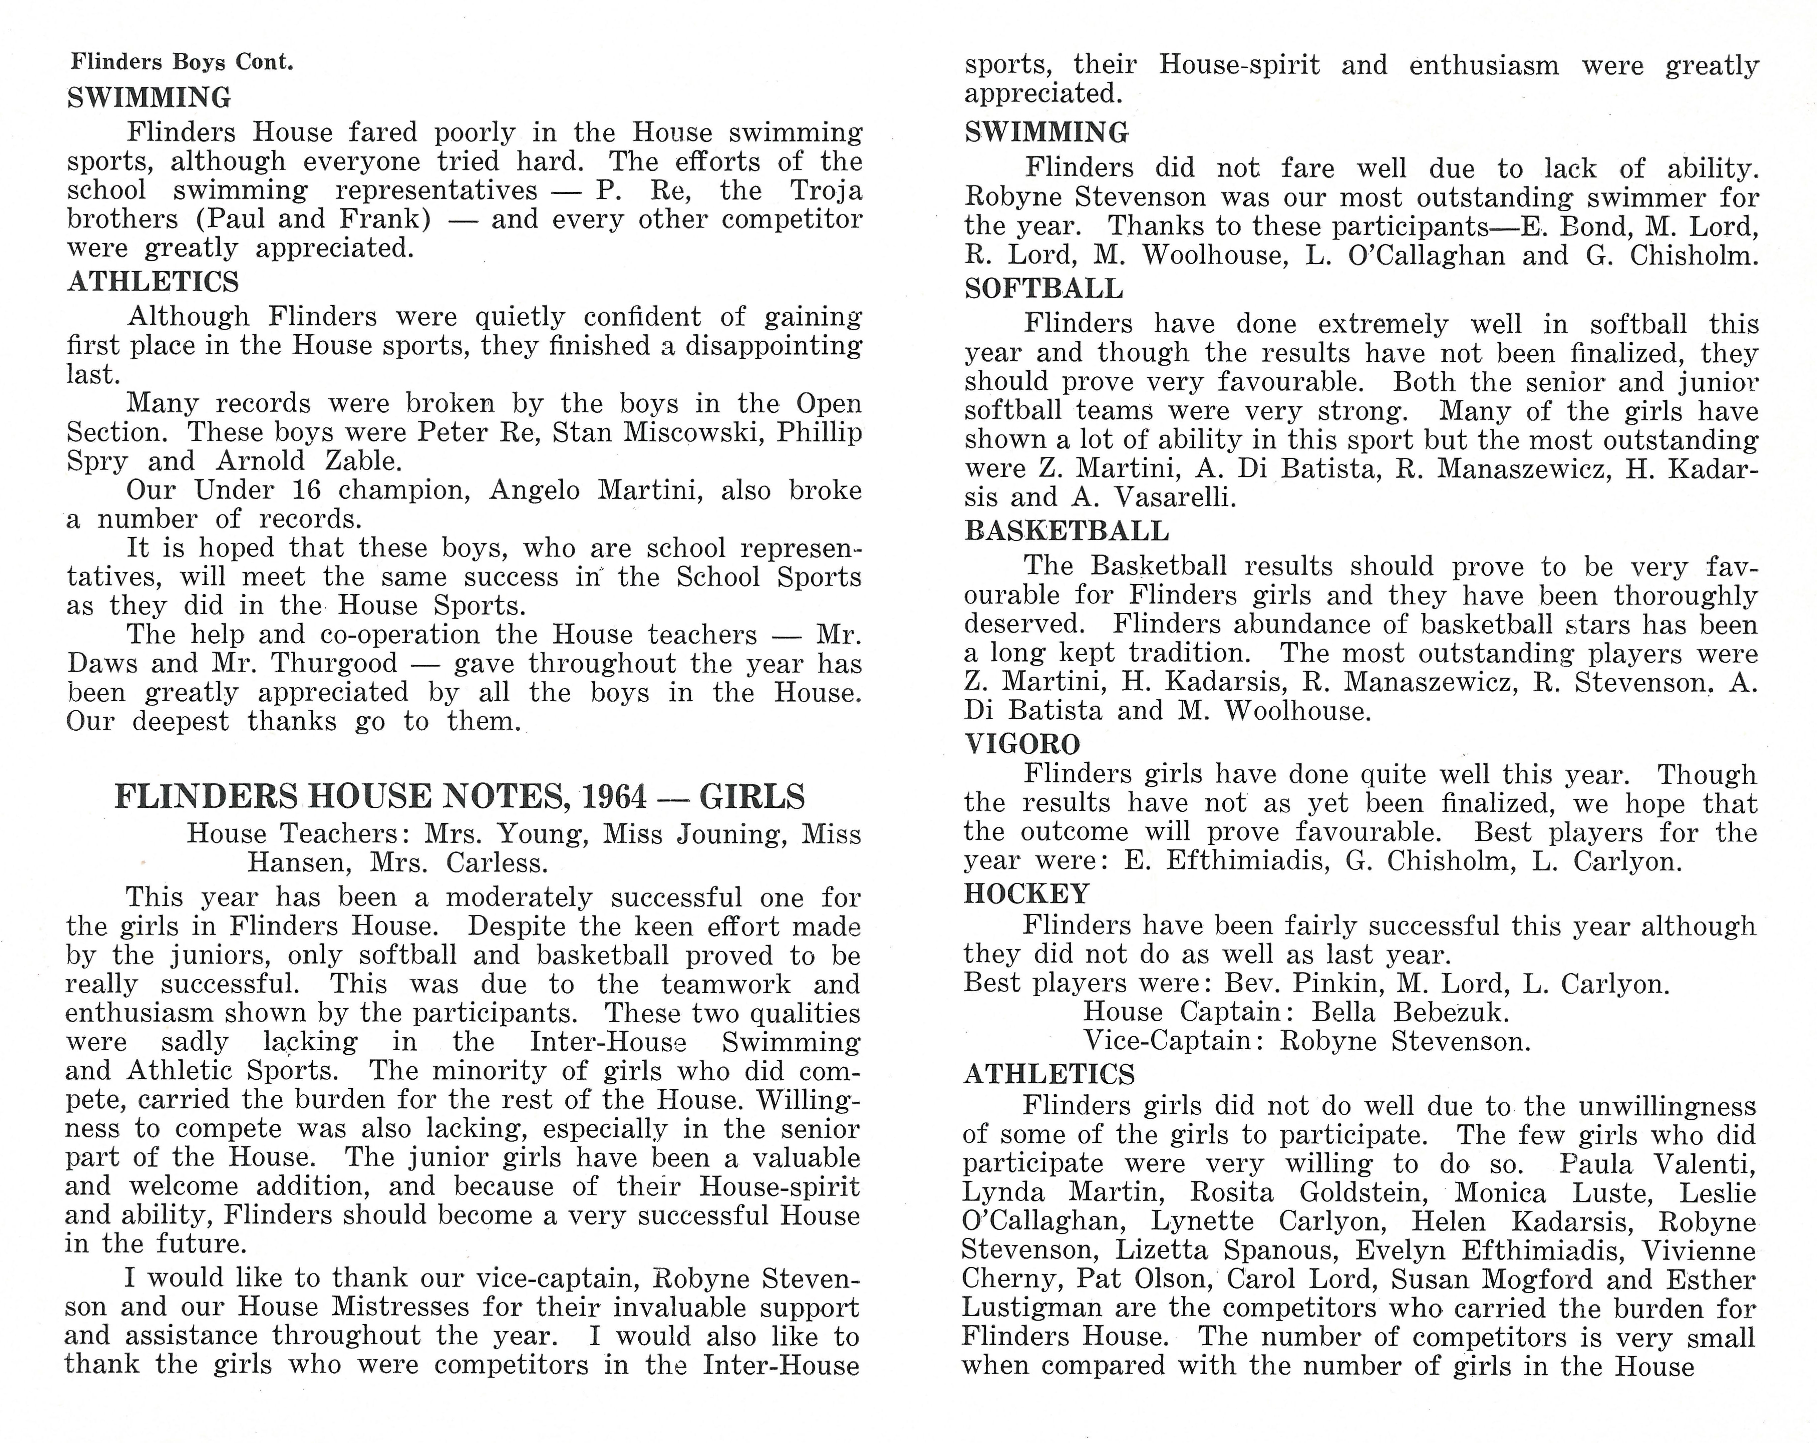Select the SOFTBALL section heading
tap(1043, 289)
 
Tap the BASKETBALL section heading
tap(1066, 531)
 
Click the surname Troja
tap(826, 191)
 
